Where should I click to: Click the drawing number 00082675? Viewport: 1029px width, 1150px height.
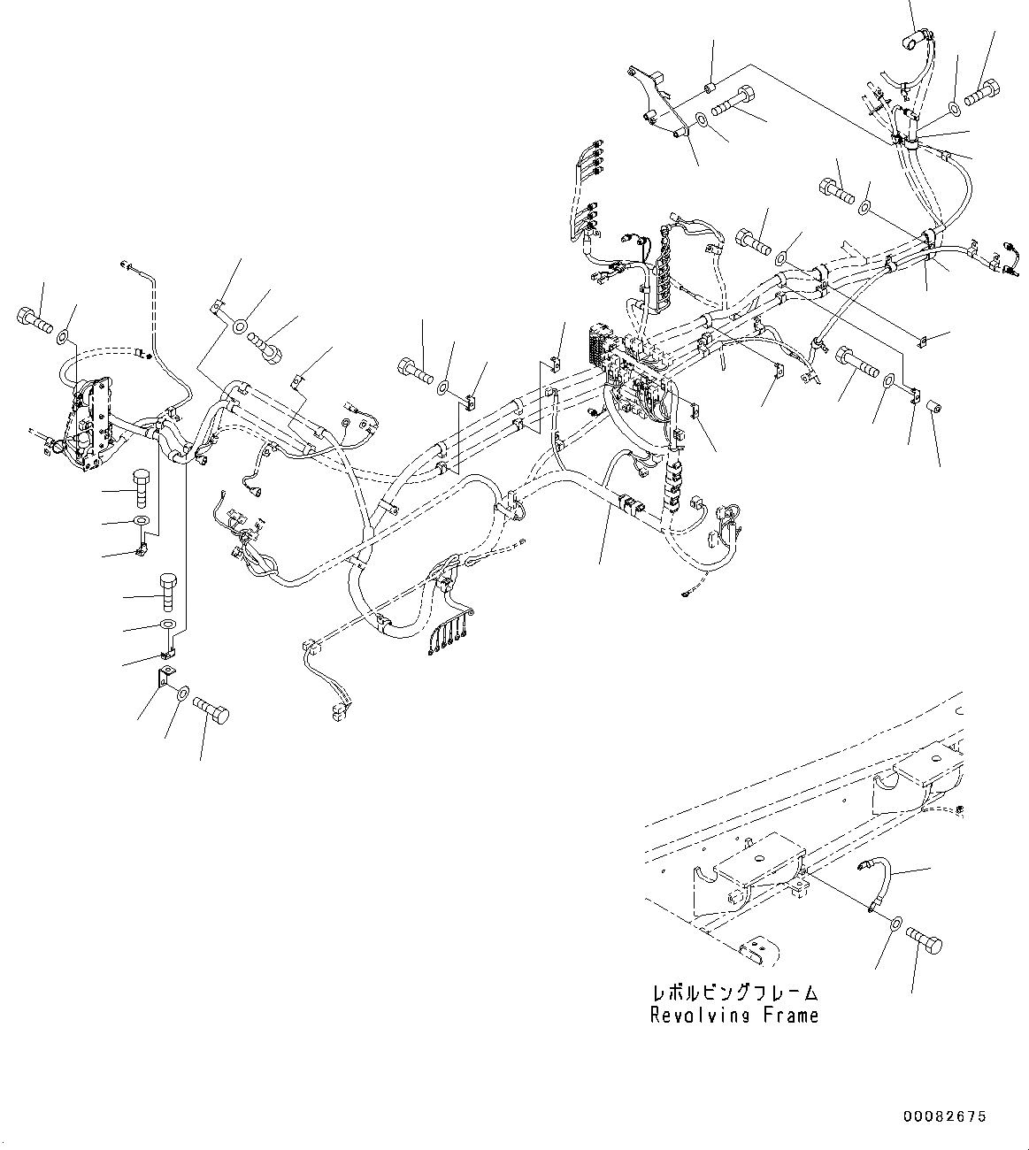(944, 1117)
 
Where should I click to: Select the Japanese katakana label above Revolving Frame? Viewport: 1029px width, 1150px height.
(733, 993)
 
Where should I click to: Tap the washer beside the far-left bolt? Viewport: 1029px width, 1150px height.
(65, 338)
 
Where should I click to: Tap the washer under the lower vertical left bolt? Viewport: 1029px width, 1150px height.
(167, 625)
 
